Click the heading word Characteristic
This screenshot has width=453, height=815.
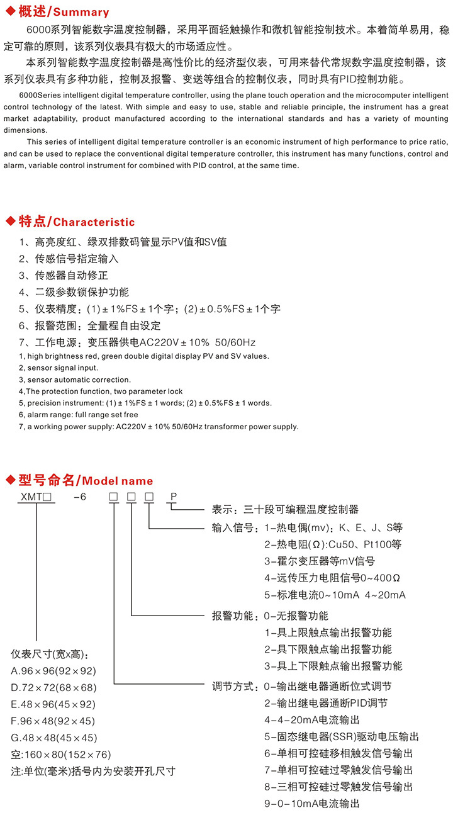coord(94,222)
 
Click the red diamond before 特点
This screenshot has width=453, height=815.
coord(10,222)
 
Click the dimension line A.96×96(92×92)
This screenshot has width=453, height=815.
coord(54,671)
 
